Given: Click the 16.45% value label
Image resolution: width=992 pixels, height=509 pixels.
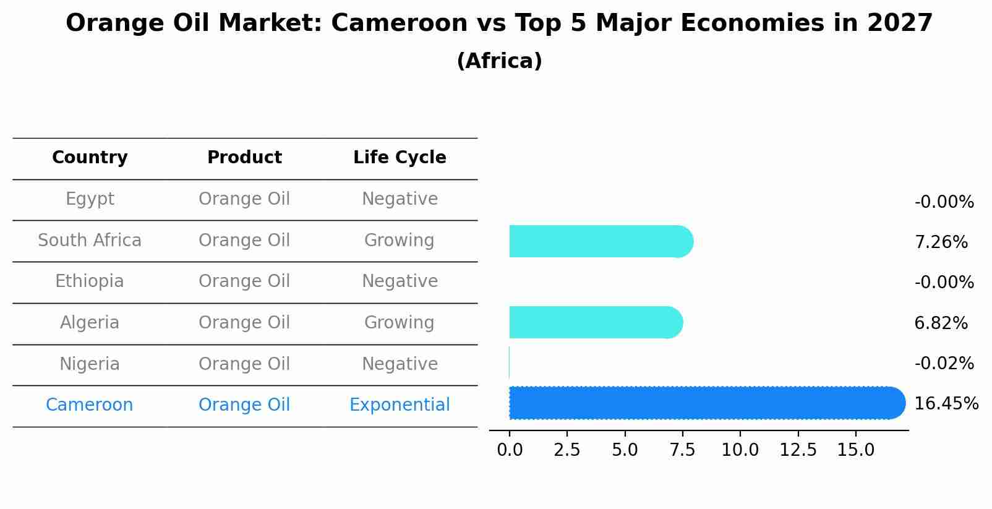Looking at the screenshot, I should click(946, 404).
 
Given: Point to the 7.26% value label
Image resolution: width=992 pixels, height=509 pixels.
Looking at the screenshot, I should click(941, 242).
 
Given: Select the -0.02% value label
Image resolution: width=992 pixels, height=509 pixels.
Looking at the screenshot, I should click(944, 364).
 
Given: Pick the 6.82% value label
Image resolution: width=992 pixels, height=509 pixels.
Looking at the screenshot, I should click(941, 323).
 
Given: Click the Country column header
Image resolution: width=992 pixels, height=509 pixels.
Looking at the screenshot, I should click(90, 158).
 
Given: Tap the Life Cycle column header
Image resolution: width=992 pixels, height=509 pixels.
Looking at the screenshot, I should click(400, 158).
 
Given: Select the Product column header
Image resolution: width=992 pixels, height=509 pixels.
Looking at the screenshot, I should click(244, 158).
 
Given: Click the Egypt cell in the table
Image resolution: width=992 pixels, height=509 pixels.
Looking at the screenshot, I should click(90, 199).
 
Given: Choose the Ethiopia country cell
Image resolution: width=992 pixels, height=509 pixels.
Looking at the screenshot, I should click(90, 281).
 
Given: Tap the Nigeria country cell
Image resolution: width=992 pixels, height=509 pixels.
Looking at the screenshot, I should click(90, 364).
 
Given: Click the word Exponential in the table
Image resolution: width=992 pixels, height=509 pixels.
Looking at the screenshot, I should click(400, 405).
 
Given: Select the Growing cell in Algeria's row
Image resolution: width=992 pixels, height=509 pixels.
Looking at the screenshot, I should click(400, 323).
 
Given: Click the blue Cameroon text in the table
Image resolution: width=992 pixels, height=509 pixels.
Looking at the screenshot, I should click(90, 405).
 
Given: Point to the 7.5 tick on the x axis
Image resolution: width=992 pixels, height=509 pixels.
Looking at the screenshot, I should click(682, 450).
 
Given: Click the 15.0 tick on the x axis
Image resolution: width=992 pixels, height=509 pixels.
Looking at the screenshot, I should click(855, 450).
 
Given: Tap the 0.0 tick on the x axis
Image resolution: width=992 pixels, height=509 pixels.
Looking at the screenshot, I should click(510, 450).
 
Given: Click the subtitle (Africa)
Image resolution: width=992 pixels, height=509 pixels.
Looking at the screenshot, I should click(499, 61).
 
